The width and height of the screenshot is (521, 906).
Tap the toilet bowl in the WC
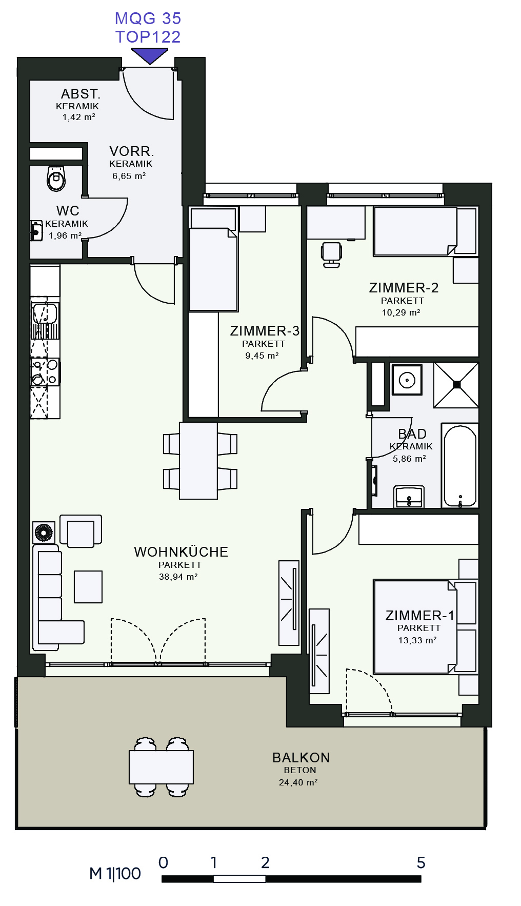56,178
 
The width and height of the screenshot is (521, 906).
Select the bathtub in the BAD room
460,466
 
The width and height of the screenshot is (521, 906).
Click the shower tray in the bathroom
456,385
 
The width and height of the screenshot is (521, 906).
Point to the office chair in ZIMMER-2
332,254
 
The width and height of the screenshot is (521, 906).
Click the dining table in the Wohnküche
198,460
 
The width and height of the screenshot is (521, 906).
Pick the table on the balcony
161,767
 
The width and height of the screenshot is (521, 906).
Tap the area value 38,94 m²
178,577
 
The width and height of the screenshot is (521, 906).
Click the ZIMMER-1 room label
420,616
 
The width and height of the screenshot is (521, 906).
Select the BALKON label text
301,758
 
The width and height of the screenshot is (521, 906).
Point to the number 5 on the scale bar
421,863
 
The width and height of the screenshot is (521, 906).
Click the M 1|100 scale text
115,874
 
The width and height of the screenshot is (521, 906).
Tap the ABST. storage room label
81,94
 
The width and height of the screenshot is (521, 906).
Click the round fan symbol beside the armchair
44,533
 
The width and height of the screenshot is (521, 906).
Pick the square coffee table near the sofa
88,587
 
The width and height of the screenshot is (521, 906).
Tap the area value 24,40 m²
298,782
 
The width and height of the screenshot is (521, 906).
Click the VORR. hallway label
132,151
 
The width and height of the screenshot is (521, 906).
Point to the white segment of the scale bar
239,879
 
